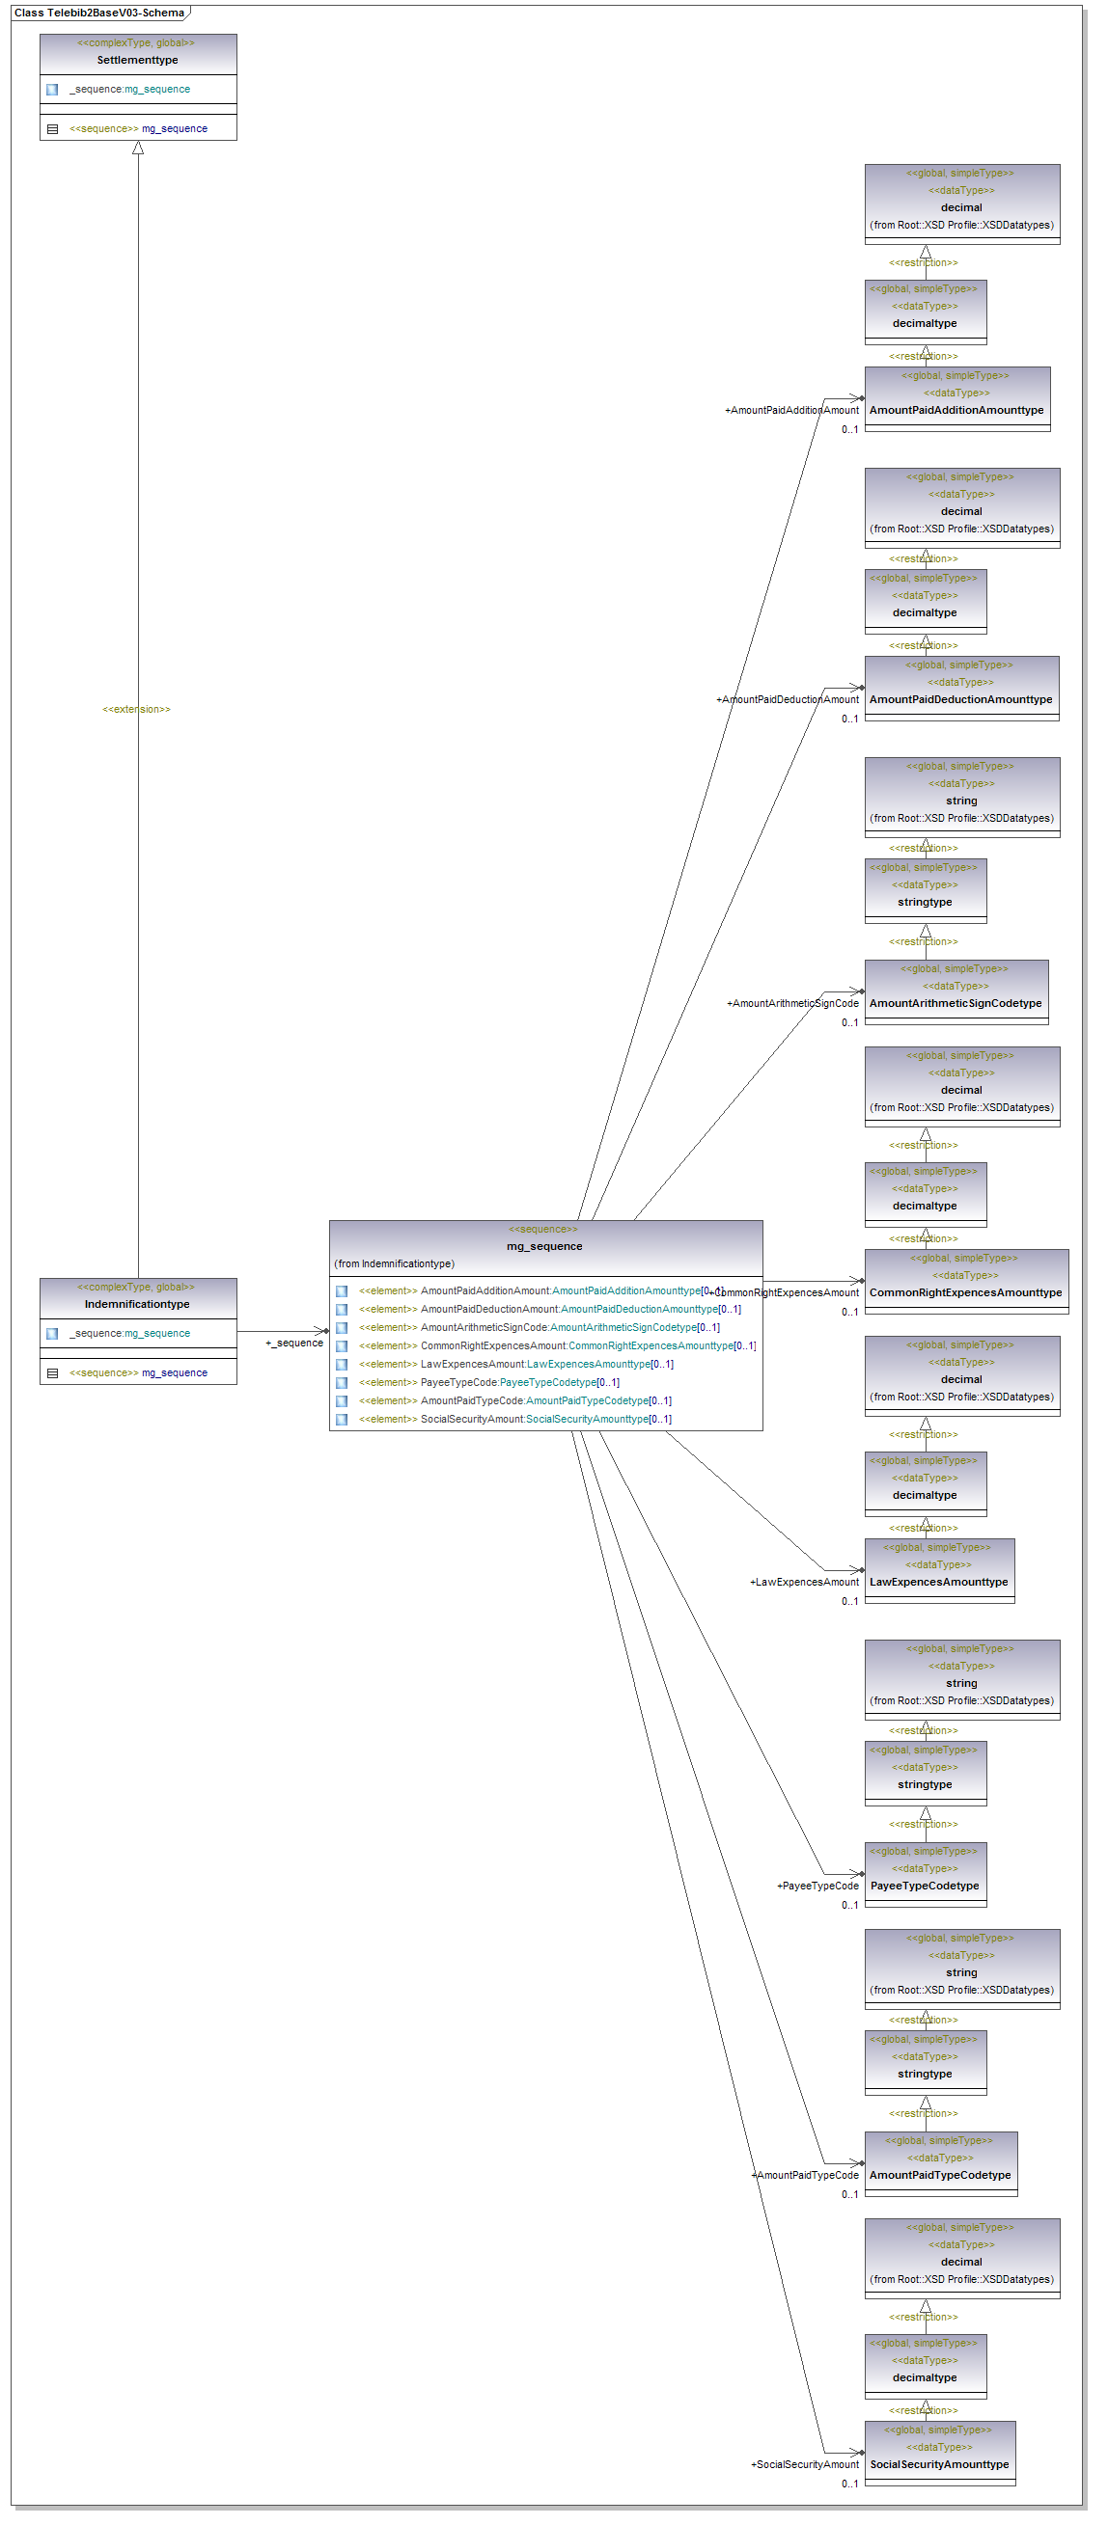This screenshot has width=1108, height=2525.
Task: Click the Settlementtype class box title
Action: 137,60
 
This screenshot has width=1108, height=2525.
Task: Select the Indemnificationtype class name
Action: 137,1304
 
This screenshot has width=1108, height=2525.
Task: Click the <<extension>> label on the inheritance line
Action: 136,709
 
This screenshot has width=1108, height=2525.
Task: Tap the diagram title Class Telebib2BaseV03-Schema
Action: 99,13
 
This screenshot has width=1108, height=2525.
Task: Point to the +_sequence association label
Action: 294,1343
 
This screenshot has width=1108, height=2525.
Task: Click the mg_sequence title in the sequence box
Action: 544,1246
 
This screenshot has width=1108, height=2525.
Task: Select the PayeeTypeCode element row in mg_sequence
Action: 519,1382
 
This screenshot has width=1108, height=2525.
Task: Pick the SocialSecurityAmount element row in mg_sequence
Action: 545,1419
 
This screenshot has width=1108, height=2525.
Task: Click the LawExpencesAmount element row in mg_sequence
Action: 546,1364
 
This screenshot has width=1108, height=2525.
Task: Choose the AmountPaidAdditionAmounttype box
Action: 956,410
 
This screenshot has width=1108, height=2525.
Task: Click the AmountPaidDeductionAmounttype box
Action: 961,699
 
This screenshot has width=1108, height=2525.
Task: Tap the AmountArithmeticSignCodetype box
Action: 956,1003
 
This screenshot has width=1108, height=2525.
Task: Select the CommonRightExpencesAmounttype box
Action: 966,1291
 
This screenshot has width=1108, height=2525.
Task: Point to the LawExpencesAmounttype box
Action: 938,1581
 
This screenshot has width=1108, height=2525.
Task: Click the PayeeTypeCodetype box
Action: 925,1885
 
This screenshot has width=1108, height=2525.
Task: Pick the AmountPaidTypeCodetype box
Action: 940,2174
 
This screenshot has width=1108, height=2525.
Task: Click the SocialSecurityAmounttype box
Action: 939,2463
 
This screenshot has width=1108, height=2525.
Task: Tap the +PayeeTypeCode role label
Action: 817,1885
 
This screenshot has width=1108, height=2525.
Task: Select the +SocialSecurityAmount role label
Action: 804,2463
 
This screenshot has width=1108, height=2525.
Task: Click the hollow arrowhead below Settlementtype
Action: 138,148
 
